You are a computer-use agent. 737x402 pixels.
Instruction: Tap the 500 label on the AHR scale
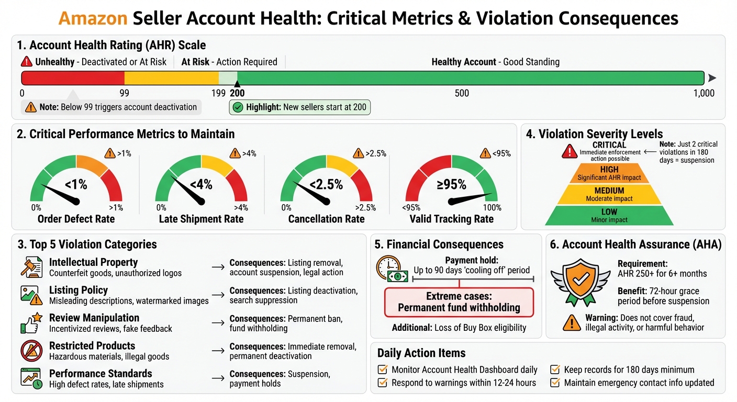pyautogui.click(x=462, y=93)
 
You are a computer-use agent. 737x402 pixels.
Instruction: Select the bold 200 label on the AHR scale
pyautogui.click(x=237, y=93)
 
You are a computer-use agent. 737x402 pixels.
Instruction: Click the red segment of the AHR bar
pyautogui.click(x=73, y=78)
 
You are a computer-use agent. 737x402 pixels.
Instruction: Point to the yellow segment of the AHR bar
pyautogui.click(x=171, y=78)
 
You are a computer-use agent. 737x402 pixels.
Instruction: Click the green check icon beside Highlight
pyautogui.click(x=238, y=107)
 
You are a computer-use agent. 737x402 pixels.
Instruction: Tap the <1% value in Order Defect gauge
pyautogui.click(x=76, y=184)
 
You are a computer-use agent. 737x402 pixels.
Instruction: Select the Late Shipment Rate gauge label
pyautogui.click(x=201, y=219)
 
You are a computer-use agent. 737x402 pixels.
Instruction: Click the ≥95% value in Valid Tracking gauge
pyautogui.click(x=451, y=184)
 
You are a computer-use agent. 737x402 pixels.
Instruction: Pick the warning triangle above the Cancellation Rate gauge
pyautogui.click(x=358, y=153)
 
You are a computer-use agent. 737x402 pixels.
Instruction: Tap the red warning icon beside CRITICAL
pyautogui.click(x=569, y=152)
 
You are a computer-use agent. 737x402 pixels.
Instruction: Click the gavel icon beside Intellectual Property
pyautogui.click(x=31, y=267)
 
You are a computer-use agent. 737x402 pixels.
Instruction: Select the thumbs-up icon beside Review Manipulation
pyautogui.click(x=31, y=323)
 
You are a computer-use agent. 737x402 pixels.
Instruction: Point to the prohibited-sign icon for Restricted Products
pyautogui.click(x=31, y=351)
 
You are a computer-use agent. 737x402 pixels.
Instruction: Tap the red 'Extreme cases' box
pyautogui.click(x=459, y=302)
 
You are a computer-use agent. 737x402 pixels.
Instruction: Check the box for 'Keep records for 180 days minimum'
pyautogui.click(x=555, y=370)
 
